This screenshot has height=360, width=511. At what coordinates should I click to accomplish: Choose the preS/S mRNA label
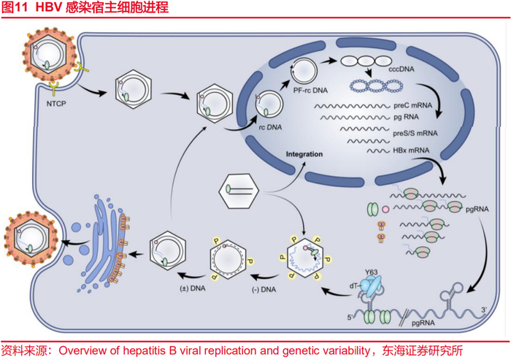[412, 133]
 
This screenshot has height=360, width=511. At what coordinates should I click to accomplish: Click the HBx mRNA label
[412, 150]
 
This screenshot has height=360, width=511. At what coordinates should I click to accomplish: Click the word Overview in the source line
[82, 350]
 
